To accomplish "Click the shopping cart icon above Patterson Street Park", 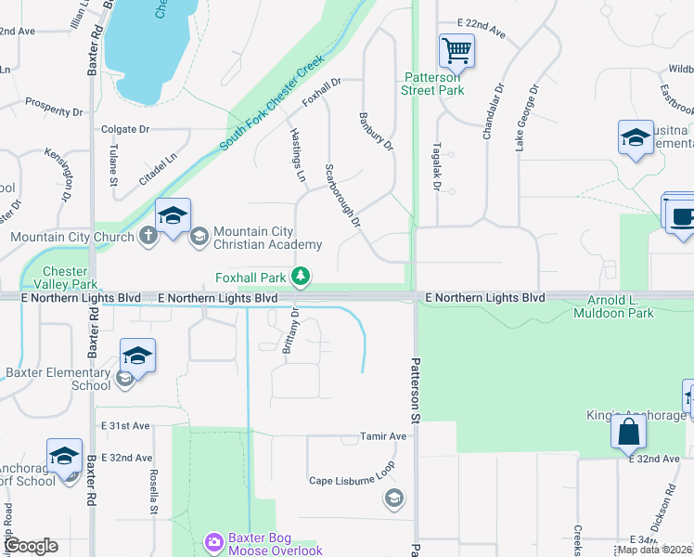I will tap(456, 50).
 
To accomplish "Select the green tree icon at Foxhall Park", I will tap(301, 276).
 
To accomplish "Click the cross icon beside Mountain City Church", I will tap(148, 236).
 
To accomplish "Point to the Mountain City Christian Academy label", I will tap(267, 238).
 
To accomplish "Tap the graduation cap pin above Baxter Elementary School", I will tap(136, 356).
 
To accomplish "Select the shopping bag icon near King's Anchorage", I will tap(629, 431).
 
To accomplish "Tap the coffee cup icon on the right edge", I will tap(679, 215).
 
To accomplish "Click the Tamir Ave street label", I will tap(383, 436).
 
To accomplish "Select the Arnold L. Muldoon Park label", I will tap(620, 306).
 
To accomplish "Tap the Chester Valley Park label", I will tap(71, 278).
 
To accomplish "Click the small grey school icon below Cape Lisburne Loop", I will tap(393, 499).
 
